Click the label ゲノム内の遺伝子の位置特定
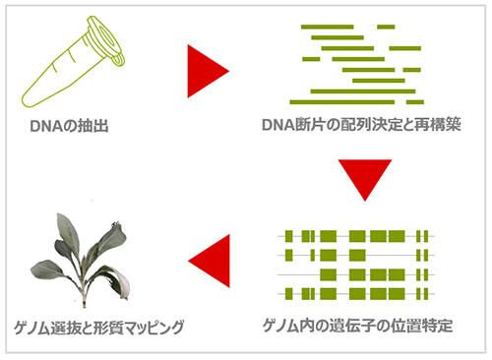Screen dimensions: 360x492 coord(358,326)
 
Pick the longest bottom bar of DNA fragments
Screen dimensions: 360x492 coord(356,101)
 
